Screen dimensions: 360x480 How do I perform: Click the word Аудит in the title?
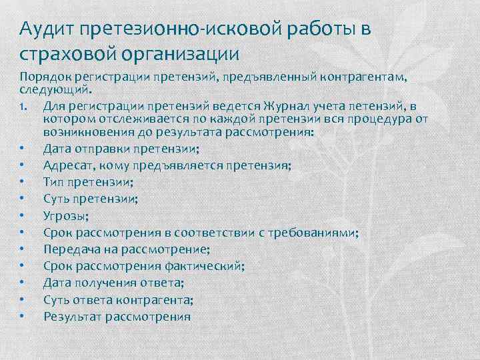(45, 30)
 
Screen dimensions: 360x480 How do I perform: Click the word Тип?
(53, 181)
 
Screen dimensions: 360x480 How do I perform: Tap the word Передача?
(70, 249)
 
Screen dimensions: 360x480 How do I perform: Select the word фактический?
(207, 265)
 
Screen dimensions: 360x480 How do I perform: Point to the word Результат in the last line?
(72, 316)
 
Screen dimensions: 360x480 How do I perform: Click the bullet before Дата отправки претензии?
(23, 148)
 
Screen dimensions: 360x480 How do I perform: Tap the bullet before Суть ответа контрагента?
(23, 299)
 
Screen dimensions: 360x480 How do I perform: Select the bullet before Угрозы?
(23, 215)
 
